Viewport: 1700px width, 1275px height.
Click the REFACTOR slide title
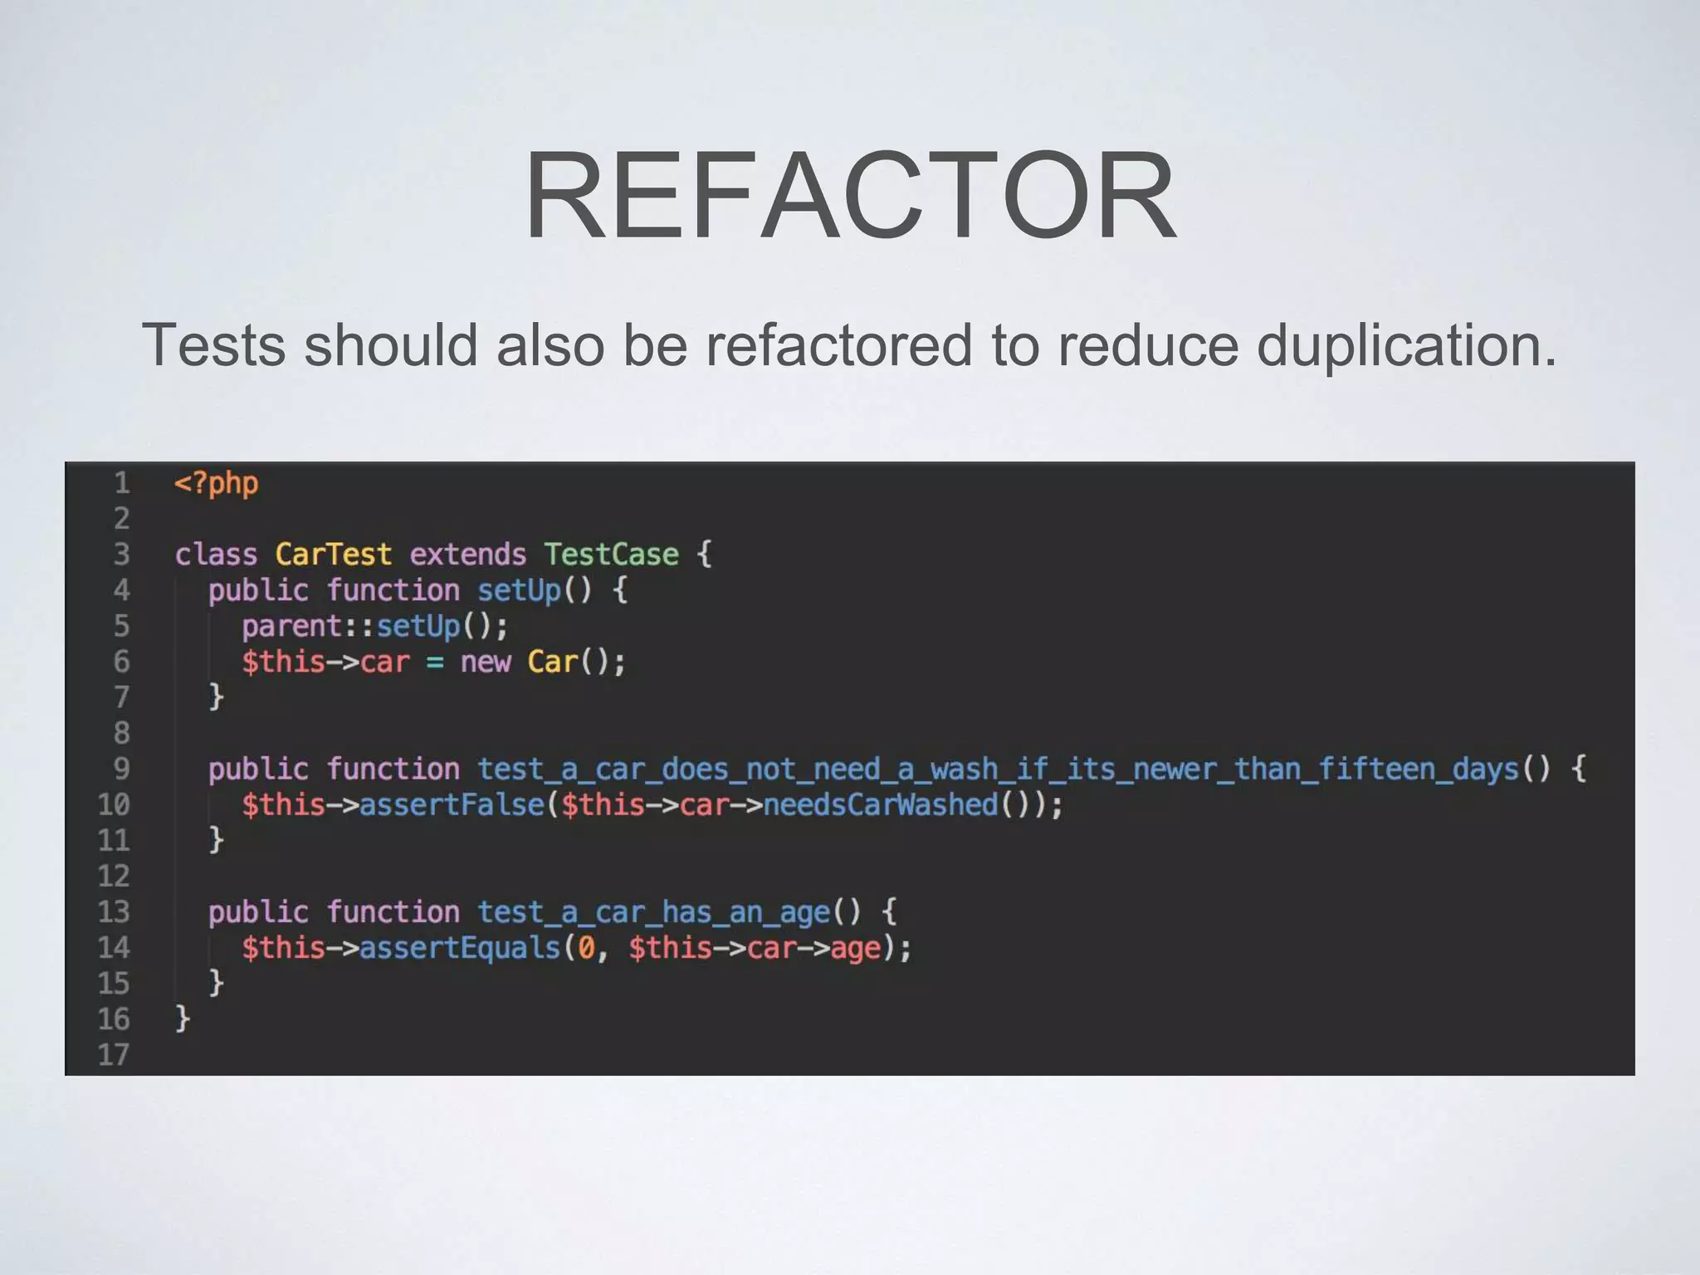tap(850, 196)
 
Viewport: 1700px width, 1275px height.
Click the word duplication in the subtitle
tap(1405, 345)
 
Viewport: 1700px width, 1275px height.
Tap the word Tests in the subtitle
tap(214, 345)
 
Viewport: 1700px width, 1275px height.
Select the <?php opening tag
tap(216, 483)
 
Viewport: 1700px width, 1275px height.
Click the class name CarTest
tap(333, 554)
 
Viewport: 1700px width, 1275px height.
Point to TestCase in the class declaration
tap(611, 554)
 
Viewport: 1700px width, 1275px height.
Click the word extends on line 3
tap(467, 554)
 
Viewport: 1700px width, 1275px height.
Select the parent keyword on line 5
tap(291, 627)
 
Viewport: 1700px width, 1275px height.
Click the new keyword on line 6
tap(485, 662)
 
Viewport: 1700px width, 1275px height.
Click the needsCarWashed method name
tap(881, 805)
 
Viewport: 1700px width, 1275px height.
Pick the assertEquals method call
tap(459, 948)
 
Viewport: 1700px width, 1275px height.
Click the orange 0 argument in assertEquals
tap(586, 948)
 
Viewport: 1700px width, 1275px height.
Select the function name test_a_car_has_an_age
tap(653, 912)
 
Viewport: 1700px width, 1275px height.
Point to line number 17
tap(114, 1055)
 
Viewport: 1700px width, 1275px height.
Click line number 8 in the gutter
tap(121, 734)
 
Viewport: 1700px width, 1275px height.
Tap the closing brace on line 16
tap(183, 1019)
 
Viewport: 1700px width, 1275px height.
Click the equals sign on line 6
tap(434, 662)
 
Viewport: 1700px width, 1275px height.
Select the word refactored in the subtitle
tap(838, 345)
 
